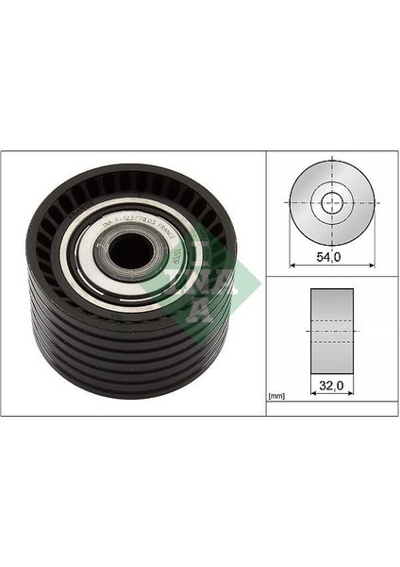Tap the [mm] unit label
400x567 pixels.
(x=276, y=395)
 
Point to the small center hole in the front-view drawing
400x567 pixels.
(x=332, y=201)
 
